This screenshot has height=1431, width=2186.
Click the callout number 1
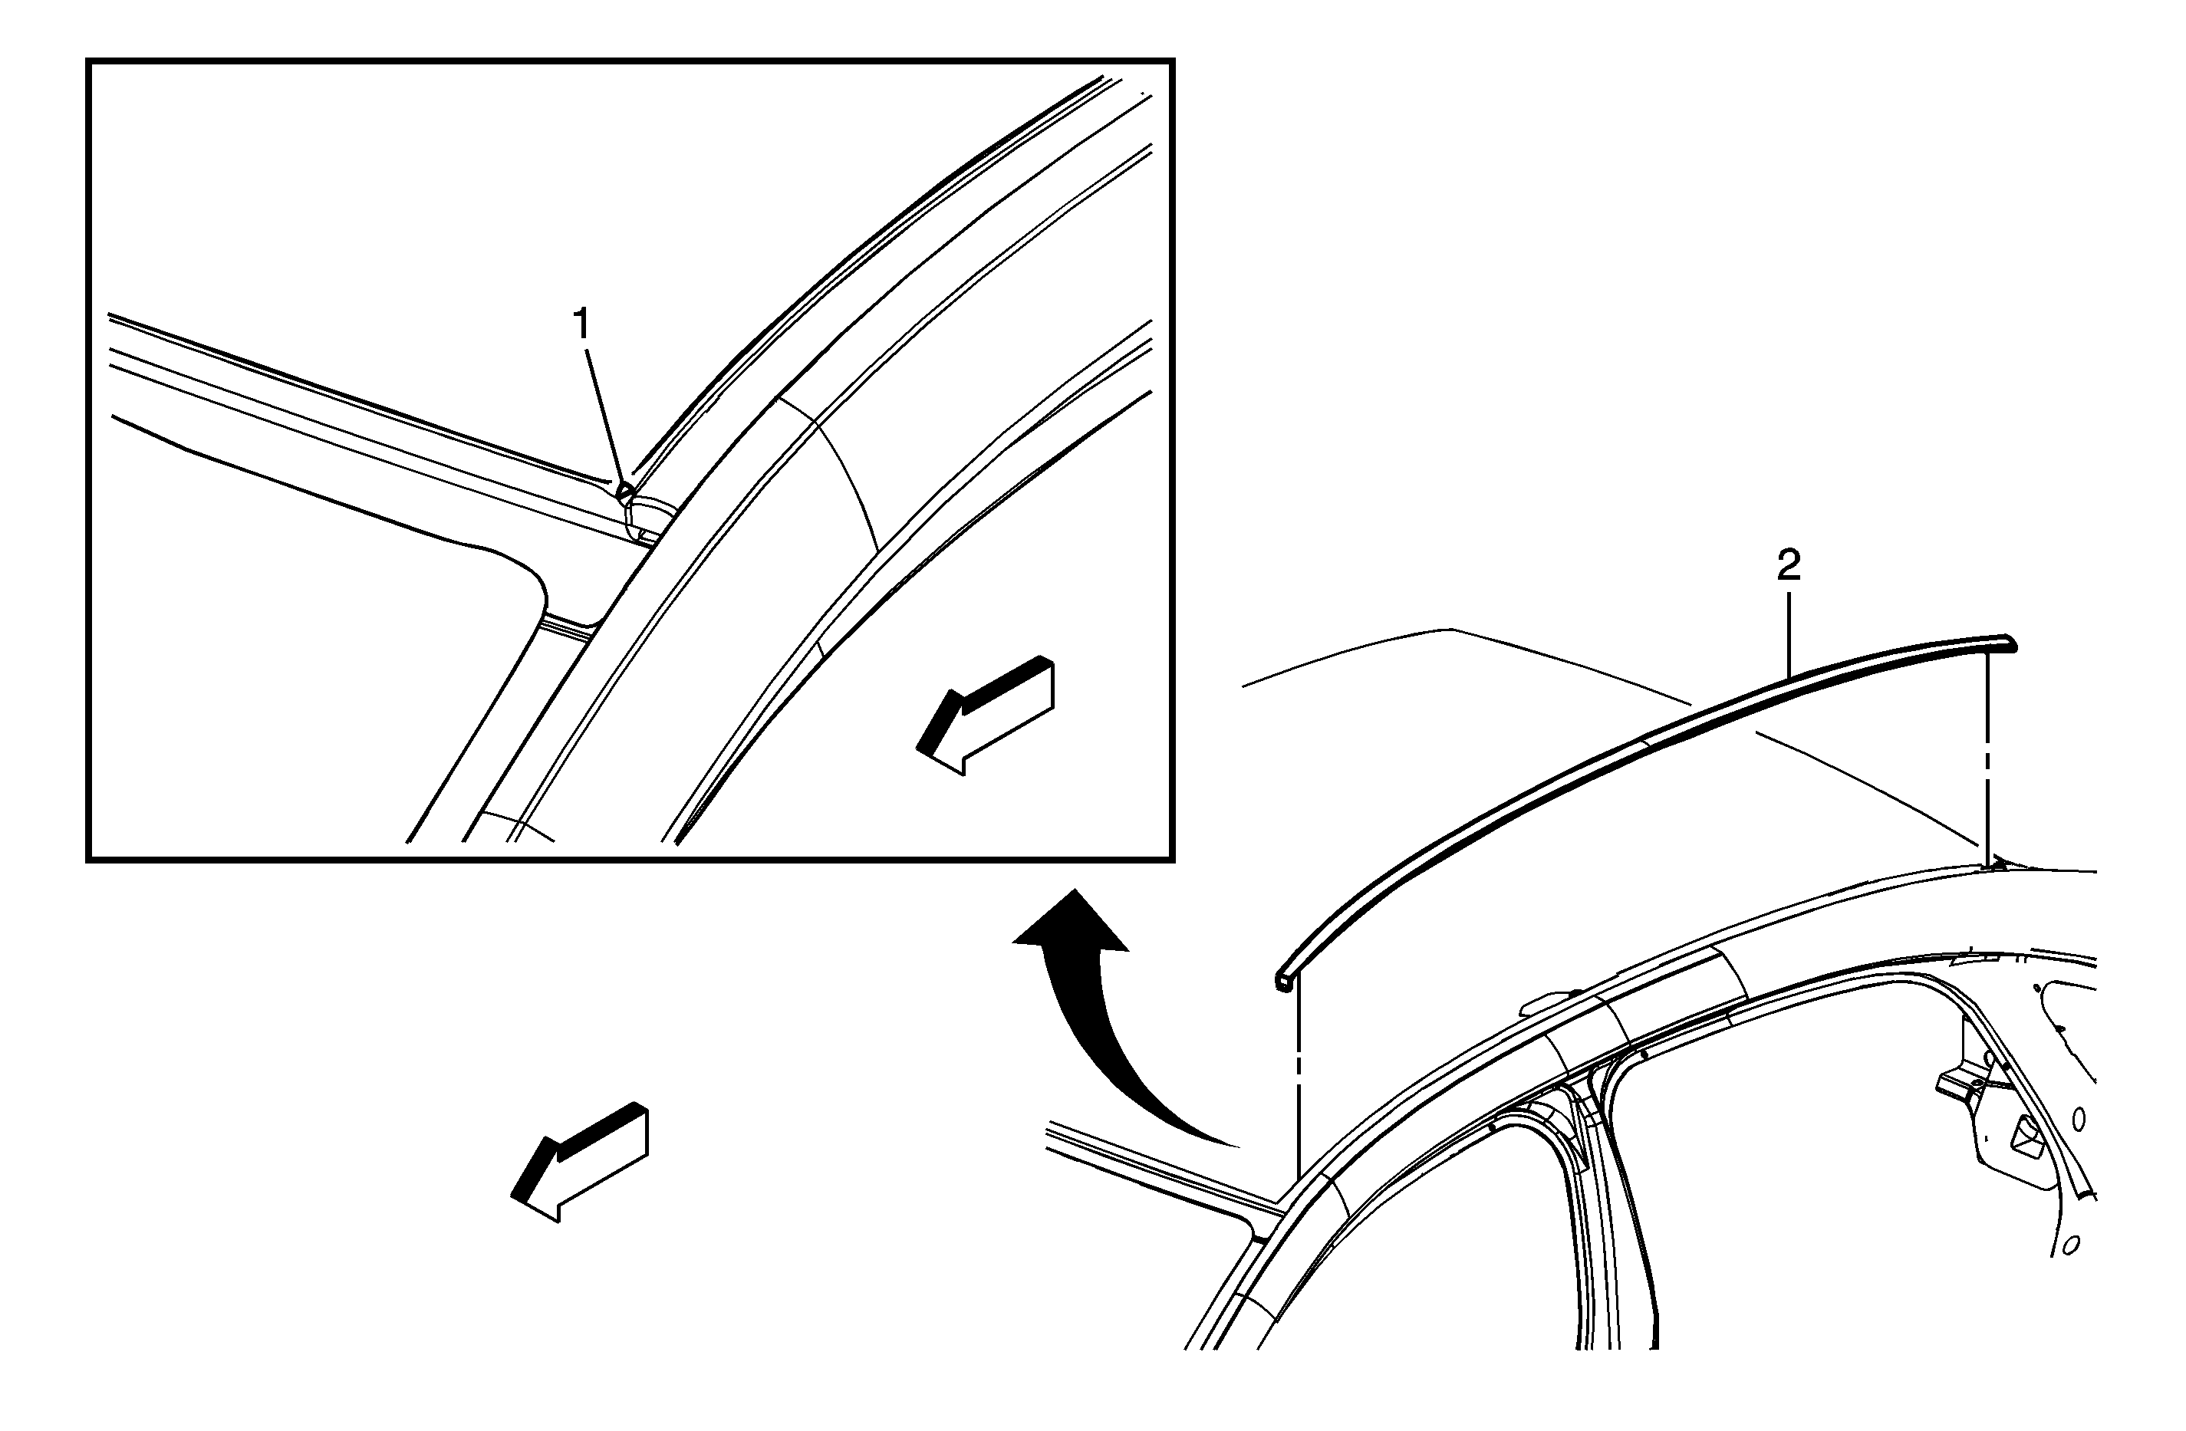[x=581, y=324]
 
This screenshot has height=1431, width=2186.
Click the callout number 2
[x=1788, y=567]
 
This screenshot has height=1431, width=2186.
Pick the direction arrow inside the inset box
[x=986, y=715]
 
